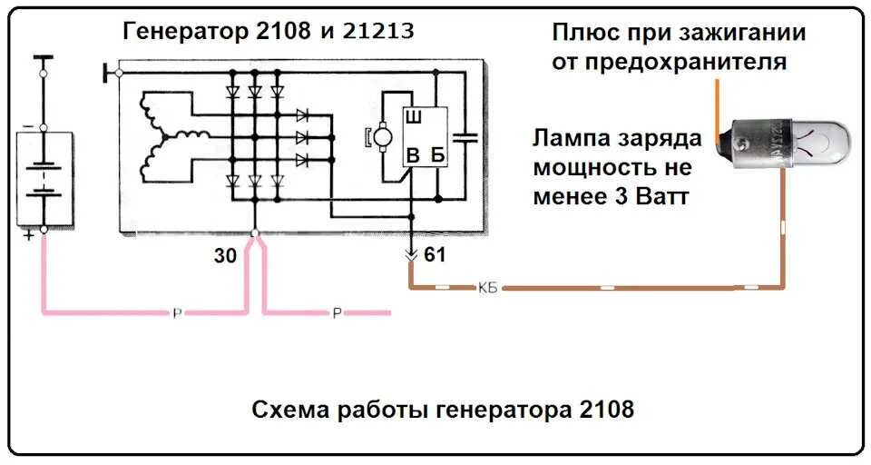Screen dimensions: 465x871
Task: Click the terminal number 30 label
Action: pos(225,256)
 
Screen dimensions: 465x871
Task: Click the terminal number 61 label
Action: pos(435,255)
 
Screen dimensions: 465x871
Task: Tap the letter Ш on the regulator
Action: pos(413,118)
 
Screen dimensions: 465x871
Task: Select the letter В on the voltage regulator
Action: pos(413,155)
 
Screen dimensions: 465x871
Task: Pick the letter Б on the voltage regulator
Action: pos(438,155)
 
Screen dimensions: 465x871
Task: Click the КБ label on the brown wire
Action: pos(486,289)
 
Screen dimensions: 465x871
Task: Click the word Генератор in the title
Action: pos(181,32)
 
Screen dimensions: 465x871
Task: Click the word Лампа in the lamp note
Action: pos(572,139)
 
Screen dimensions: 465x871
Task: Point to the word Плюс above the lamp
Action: pos(585,34)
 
